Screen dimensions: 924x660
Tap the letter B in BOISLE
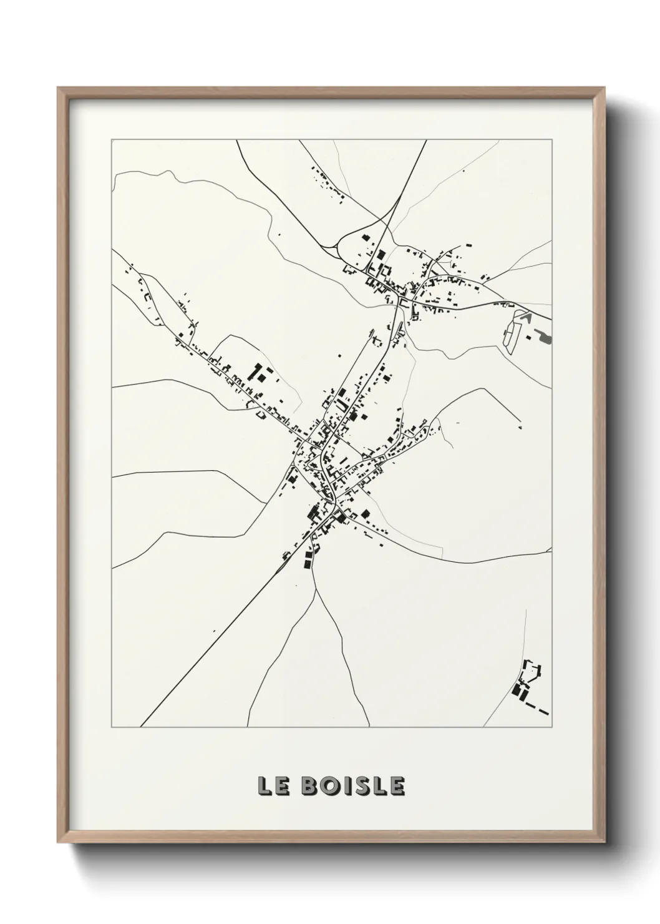(x=309, y=786)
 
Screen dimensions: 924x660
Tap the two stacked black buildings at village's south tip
(x=307, y=557)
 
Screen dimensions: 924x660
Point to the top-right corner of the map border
(x=552, y=140)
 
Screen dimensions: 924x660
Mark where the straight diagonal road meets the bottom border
(x=141, y=727)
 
